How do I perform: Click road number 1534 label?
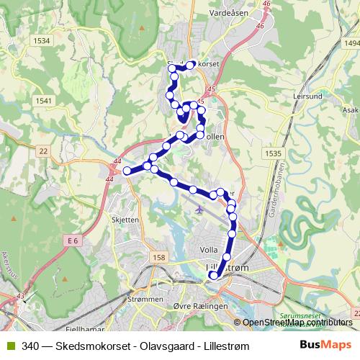[x=42, y=41]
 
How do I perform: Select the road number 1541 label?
[x=43, y=101]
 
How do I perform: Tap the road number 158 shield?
[x=158, y=257]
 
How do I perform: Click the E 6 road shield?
[x=71, y=240]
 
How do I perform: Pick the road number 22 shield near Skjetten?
[x=44, y=150]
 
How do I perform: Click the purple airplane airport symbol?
[x=199, y=210]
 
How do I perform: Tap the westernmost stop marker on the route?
[x=127, y=171]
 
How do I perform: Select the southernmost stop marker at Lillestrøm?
[x=213, y=274]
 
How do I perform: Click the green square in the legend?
[x=10, y=346]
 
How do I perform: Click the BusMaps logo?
[x=325, y=346]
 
